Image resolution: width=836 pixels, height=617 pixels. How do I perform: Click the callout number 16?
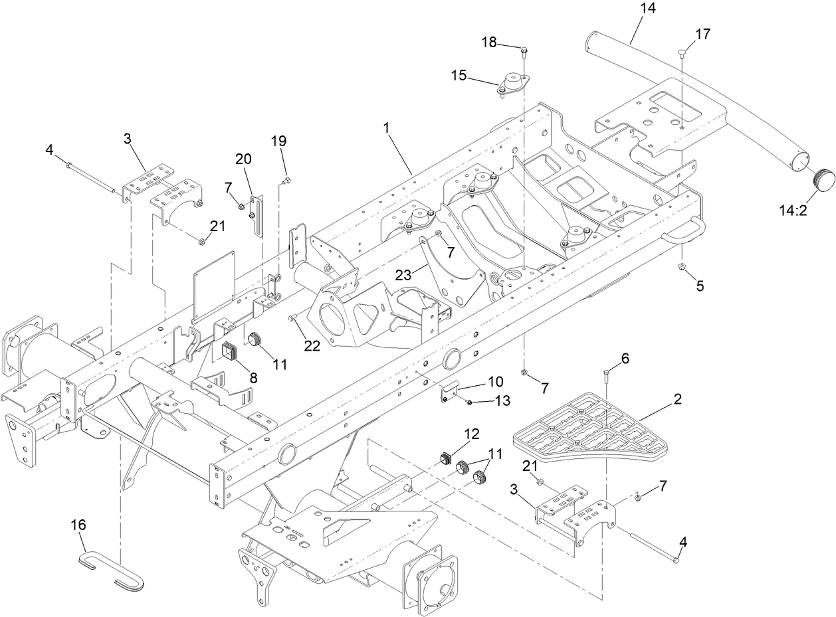[78, 525]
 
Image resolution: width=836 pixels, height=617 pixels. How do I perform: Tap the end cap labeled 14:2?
[823, 178]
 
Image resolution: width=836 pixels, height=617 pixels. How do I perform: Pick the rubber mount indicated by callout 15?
[515, 84]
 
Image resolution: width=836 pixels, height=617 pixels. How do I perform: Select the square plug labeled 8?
[231, 351]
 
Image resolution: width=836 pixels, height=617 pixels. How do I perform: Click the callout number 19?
[278, 141]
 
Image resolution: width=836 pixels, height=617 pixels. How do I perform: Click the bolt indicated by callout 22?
[292, 319]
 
